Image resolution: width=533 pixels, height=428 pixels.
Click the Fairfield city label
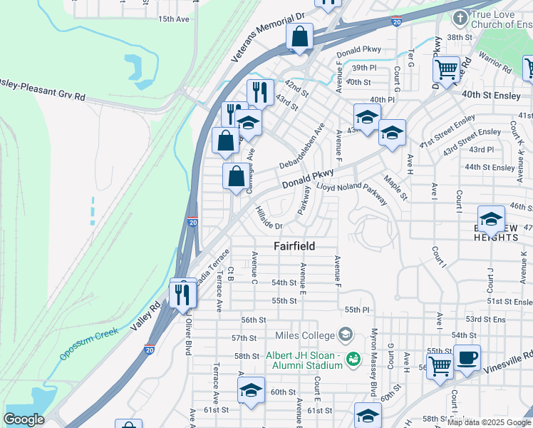(x=294, y=245)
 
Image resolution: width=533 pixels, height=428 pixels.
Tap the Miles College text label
(x=304, y=335)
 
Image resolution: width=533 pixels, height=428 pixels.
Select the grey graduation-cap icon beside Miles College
(x=346, y=335)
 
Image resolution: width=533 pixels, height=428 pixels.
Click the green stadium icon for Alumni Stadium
(x=351, y=357)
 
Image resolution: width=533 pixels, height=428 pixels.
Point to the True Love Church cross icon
(x=460, y=17)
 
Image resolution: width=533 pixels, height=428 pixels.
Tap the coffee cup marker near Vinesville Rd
(x=467, y=359)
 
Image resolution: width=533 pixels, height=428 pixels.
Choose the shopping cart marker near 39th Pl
(x=447, y=70)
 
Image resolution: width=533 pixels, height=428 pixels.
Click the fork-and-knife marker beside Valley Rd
(x=183, y=292)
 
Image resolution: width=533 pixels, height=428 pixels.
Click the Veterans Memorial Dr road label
(x=268, y=36)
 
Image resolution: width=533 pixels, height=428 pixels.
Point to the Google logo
(x=24, y=420)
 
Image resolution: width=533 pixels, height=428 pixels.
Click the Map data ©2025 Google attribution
(x=489, y=422)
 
